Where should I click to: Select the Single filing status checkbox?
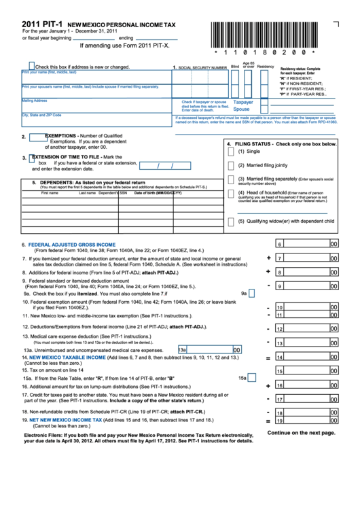(231, 152)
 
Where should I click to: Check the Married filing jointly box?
(231, 165)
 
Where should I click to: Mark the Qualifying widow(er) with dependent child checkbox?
(231, 221)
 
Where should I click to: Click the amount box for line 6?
(306, 245)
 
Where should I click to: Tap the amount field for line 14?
(306, 357)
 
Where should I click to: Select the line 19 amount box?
(306, 421)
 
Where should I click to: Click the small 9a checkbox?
(251, 294)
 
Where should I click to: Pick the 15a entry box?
(253, 378)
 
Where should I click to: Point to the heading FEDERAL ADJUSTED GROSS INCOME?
(72, 244)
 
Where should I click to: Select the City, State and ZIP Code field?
(95, 120)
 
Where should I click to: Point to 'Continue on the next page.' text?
(301, 432)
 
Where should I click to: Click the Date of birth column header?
(158, 193)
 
